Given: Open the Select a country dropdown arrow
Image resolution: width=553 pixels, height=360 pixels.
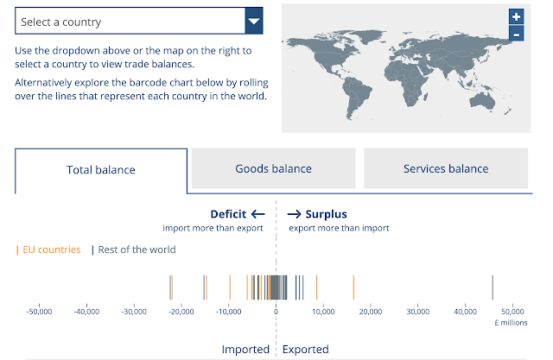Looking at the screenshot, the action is click(254, 21).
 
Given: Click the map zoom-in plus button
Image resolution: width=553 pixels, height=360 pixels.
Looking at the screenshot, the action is click(516, 16).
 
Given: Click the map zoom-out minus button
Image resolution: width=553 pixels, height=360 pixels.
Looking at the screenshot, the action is click(516, 34).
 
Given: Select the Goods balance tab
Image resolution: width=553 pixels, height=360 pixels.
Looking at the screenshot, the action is click(273, 168).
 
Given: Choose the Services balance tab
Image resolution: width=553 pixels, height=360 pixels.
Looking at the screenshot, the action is click(446, 168).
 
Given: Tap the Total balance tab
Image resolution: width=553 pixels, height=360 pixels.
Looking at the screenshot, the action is click(101, 170).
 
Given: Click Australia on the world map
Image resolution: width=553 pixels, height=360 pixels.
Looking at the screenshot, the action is click(482, 101).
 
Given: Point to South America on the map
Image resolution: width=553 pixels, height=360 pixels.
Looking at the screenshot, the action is click(355, 95).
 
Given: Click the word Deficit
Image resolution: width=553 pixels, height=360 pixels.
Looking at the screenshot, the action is click(228, 214).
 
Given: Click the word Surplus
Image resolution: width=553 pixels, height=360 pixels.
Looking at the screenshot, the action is click(326, 214).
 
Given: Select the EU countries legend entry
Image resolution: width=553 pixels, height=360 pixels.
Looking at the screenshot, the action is click(48, 249).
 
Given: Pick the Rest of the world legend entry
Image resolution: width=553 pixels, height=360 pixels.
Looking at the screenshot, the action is click(134, 249).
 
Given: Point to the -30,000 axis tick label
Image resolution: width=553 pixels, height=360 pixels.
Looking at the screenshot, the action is click(134, 312).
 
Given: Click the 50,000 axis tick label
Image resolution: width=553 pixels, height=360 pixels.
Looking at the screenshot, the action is click(512, 312).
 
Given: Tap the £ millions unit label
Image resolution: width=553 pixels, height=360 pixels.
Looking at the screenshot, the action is click(511, 323).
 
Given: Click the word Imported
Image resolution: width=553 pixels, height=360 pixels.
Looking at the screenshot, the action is click(245, 349).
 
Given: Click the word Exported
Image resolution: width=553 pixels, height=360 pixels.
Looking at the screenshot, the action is click(305, 349).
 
